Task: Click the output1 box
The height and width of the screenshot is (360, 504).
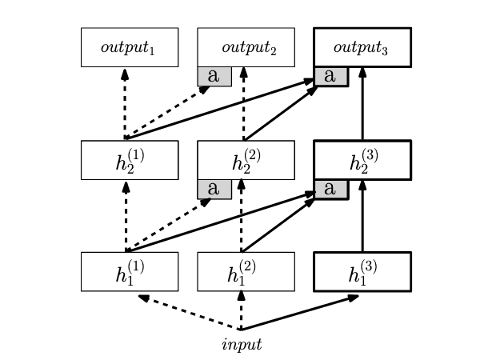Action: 129,47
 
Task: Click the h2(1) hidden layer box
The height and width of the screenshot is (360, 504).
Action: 129,160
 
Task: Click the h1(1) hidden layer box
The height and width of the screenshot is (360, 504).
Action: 129,272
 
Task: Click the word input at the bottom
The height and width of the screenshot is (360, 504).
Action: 241,345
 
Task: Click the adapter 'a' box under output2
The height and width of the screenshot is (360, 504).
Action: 214,76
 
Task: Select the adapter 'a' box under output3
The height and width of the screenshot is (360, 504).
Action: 330,76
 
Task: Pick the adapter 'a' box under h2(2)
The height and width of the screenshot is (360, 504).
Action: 214,189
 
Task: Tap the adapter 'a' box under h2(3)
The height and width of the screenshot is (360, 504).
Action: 330,189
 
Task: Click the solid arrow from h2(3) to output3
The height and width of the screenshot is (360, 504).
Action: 362,104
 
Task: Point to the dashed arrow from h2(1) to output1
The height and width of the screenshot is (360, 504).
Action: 125,104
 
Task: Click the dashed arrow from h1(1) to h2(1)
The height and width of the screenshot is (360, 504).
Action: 126,216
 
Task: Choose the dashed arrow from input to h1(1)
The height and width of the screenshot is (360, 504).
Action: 190,313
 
